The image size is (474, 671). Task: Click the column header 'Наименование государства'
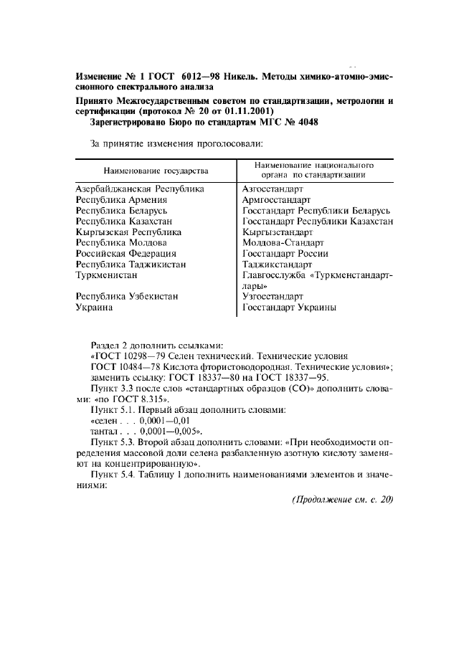coord(156,171)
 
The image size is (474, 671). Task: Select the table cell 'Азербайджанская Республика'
coord(141,189)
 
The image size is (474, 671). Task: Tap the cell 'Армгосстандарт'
coord(276,200)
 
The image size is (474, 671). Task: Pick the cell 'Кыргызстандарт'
coord(278,232)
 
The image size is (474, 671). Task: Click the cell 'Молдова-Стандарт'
coord(283,243)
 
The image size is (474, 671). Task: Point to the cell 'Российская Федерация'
coord(126,254)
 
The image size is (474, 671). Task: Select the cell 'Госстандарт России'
coord(285,254)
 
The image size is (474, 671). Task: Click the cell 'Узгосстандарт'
coord(272,296)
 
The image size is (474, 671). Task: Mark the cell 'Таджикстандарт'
coord(278,265)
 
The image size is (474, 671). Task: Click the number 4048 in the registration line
coord(305,123)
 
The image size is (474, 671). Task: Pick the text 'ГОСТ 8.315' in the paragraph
coord(141,399)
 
